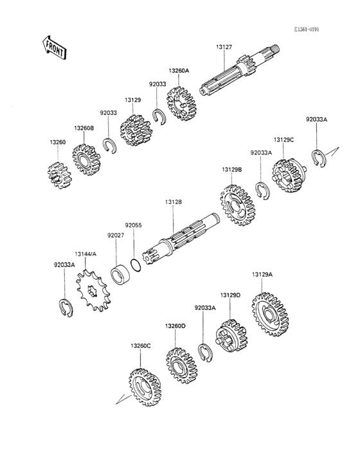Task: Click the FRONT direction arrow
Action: (54, 48)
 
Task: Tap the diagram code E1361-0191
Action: (307, 30)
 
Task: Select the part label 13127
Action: (224, 47)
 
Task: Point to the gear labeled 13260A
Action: (181, 104)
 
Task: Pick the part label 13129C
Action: (283, 140)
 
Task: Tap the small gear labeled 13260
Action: (60, 176)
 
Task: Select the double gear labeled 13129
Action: (136, 131)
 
